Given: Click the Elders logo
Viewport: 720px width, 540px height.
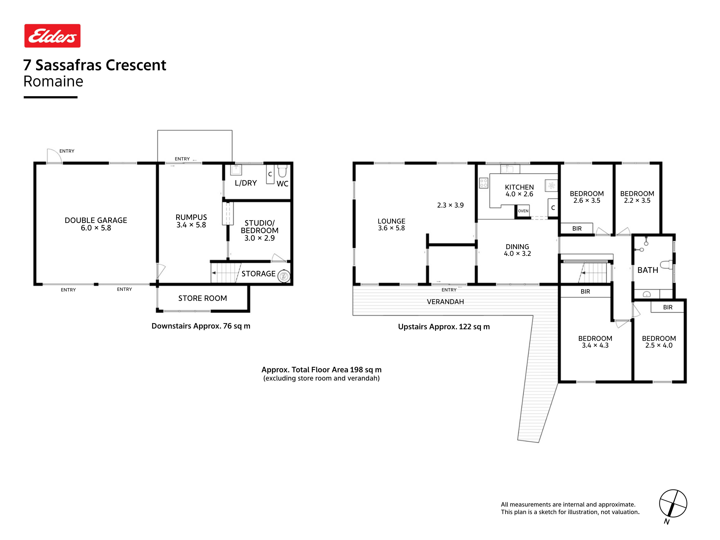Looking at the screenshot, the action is (x=52, y=36).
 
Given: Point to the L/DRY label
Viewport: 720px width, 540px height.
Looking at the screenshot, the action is (x=246, y=183).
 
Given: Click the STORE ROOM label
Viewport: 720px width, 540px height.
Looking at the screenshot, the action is (x=202, y=298).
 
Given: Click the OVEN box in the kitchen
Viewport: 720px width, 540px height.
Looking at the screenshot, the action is (x=523, y=211).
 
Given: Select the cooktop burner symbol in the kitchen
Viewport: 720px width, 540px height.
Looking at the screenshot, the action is (x=484, y=183).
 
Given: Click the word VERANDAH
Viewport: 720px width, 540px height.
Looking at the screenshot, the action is (x=445, y=302).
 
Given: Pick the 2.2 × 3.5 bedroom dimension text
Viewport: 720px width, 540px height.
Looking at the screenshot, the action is (x=637, y=201).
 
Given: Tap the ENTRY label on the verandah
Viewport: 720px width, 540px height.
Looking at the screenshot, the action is (x=449, y=290).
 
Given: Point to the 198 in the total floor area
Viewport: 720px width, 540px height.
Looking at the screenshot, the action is (x=356, y=370).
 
